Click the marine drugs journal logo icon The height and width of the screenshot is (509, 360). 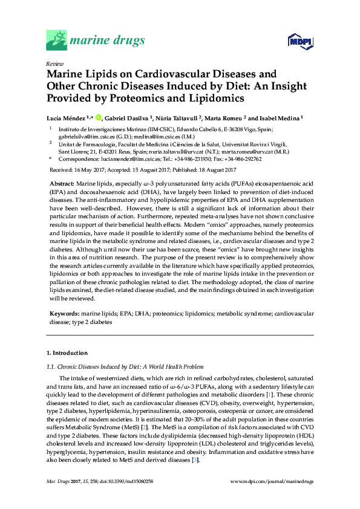pos(56,41)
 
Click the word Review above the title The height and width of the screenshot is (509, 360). pos(54,63)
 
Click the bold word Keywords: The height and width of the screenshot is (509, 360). pos(63,315)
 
